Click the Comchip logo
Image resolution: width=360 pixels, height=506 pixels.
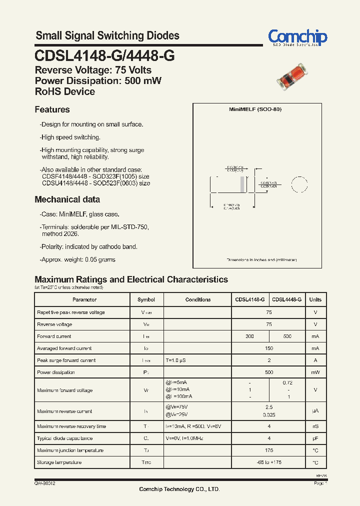[297, 37]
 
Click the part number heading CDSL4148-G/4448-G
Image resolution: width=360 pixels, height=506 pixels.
[104, 56]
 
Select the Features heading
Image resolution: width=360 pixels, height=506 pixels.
[52, 109]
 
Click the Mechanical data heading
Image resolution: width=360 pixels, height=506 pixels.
[67, 199]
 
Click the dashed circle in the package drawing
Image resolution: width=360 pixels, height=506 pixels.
[299, 184]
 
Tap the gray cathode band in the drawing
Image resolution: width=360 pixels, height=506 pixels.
[243, 184]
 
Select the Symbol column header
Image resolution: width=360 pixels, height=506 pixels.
[146, 299]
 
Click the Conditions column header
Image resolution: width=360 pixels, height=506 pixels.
[197, 299]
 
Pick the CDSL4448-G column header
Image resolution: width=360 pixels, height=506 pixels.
[286, 299]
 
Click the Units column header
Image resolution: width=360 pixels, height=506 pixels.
[315, 299]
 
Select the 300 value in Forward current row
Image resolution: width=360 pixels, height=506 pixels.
[250, 336]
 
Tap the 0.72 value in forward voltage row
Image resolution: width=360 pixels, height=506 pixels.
[287, 382]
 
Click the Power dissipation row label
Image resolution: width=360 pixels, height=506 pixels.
[56, 372]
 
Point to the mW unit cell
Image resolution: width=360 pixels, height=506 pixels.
[315, 372]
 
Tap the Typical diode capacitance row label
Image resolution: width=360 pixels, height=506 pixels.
[64, 438]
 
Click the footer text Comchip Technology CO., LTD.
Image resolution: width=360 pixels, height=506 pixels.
[179, 489]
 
